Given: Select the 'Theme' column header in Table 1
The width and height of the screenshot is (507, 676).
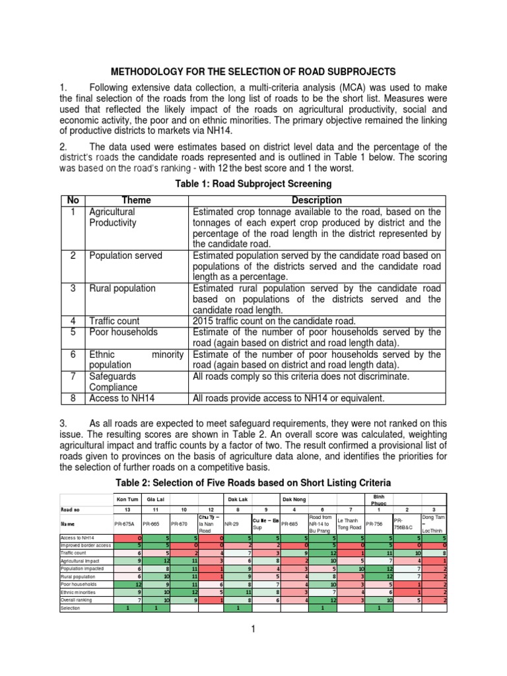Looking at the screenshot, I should tap(136, 200).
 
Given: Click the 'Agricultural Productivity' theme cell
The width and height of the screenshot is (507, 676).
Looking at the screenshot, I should tap(113, 217).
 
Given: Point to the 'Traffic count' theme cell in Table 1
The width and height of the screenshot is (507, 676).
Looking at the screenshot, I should tap(114, 321).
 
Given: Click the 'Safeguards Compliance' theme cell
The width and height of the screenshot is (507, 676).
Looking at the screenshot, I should tap(113, 382).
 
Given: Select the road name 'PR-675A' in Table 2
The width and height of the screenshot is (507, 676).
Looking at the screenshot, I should tap(125, 524).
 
